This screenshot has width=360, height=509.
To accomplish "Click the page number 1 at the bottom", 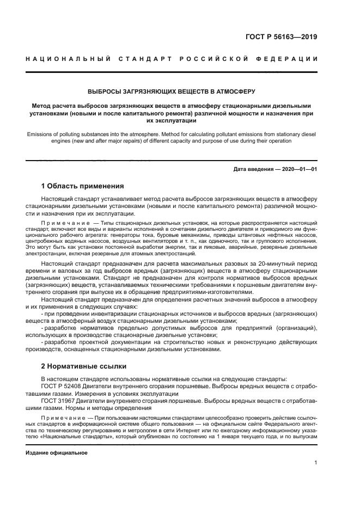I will tap(315, 463).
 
